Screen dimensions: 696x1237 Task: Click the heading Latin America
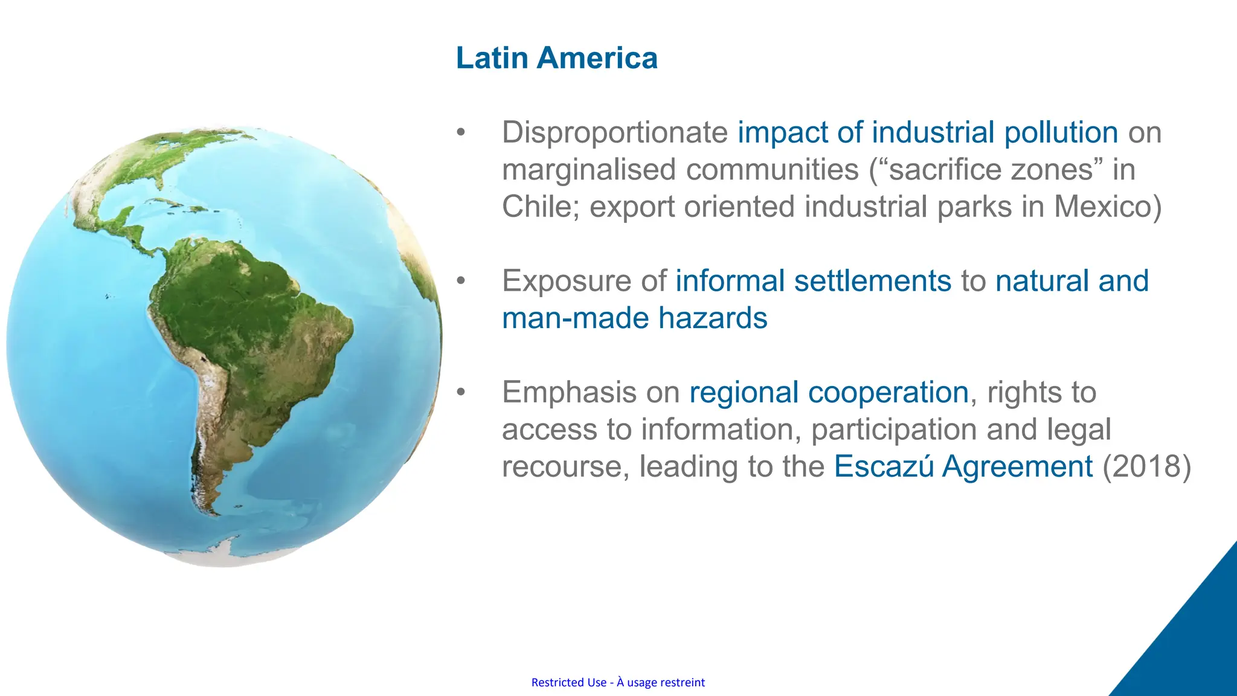click(x=556, y=58)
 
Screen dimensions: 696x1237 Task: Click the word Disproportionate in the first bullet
click(x=615, y=132)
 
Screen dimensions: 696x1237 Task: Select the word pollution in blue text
click(x=1061, y=132)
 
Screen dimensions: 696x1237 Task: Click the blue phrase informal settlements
click(x=813, y=281)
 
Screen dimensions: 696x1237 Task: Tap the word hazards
click(x=713, y=318)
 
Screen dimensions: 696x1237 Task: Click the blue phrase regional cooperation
click(x=829, y=392)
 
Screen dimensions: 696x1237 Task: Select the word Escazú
click(x=884, y=466)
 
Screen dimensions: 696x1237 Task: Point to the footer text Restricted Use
click(x=568, y=682)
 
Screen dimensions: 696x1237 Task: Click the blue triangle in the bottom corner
click(x=1193, y=646)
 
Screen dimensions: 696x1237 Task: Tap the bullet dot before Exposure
click(x=461, y=280)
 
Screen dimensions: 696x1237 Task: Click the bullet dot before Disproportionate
click(x=461, y=132)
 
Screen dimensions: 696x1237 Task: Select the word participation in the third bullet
click(x=893, y=430)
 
